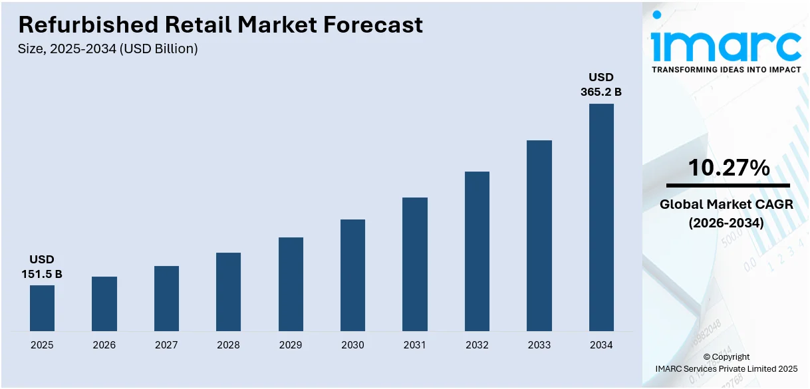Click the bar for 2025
pyautogui.click(x=42, y=308)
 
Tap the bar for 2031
pyautogui.click(x=415, y=264)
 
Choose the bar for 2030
pyautogui.click(x=352, y=275)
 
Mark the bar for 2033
pyautogui.click(x=539, y=235)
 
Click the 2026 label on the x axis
pyautogui.click(x=104, y=345)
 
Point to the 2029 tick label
pyautogui.click(x=291, y=345)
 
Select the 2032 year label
pyautogui.click(x=477, y=345)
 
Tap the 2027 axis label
pyautogui.click(x=166, y=345)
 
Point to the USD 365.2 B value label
pyautogui.click(x=601, y=84)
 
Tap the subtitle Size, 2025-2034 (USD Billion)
pyautogui.click(x=108, y=49)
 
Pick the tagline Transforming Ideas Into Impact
pyautogui.click(x=726, y=69)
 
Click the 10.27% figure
pyautogui.click(x=728, y=168)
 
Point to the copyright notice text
pyautogui.click(x=726, y=362)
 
